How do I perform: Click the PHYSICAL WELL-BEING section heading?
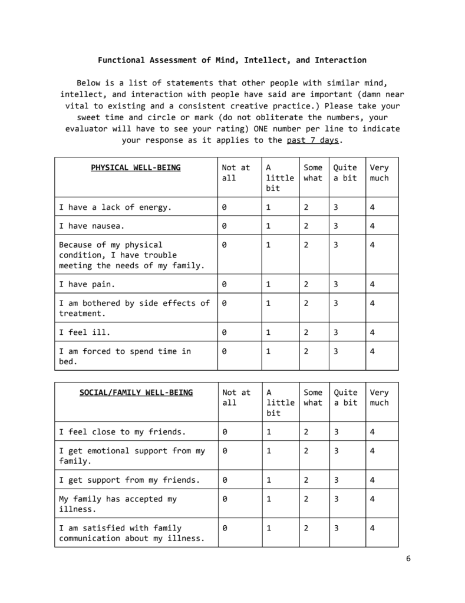136,168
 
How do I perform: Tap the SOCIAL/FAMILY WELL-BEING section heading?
136,393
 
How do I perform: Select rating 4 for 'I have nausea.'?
372,226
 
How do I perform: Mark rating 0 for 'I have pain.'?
225,285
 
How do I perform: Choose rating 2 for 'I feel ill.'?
306,332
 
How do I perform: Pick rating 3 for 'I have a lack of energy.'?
336,207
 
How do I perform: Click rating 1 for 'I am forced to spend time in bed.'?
268,351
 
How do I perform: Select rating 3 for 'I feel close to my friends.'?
336,432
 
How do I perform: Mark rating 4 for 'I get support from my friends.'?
372,480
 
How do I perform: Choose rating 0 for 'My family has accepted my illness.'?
225,499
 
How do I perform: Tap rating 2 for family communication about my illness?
306,528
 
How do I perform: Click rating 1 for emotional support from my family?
268,451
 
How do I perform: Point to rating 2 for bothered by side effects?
306,304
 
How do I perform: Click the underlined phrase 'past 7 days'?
313,140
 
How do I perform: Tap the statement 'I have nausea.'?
92,226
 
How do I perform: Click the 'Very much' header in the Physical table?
379,173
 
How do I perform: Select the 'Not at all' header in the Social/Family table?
236,397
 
